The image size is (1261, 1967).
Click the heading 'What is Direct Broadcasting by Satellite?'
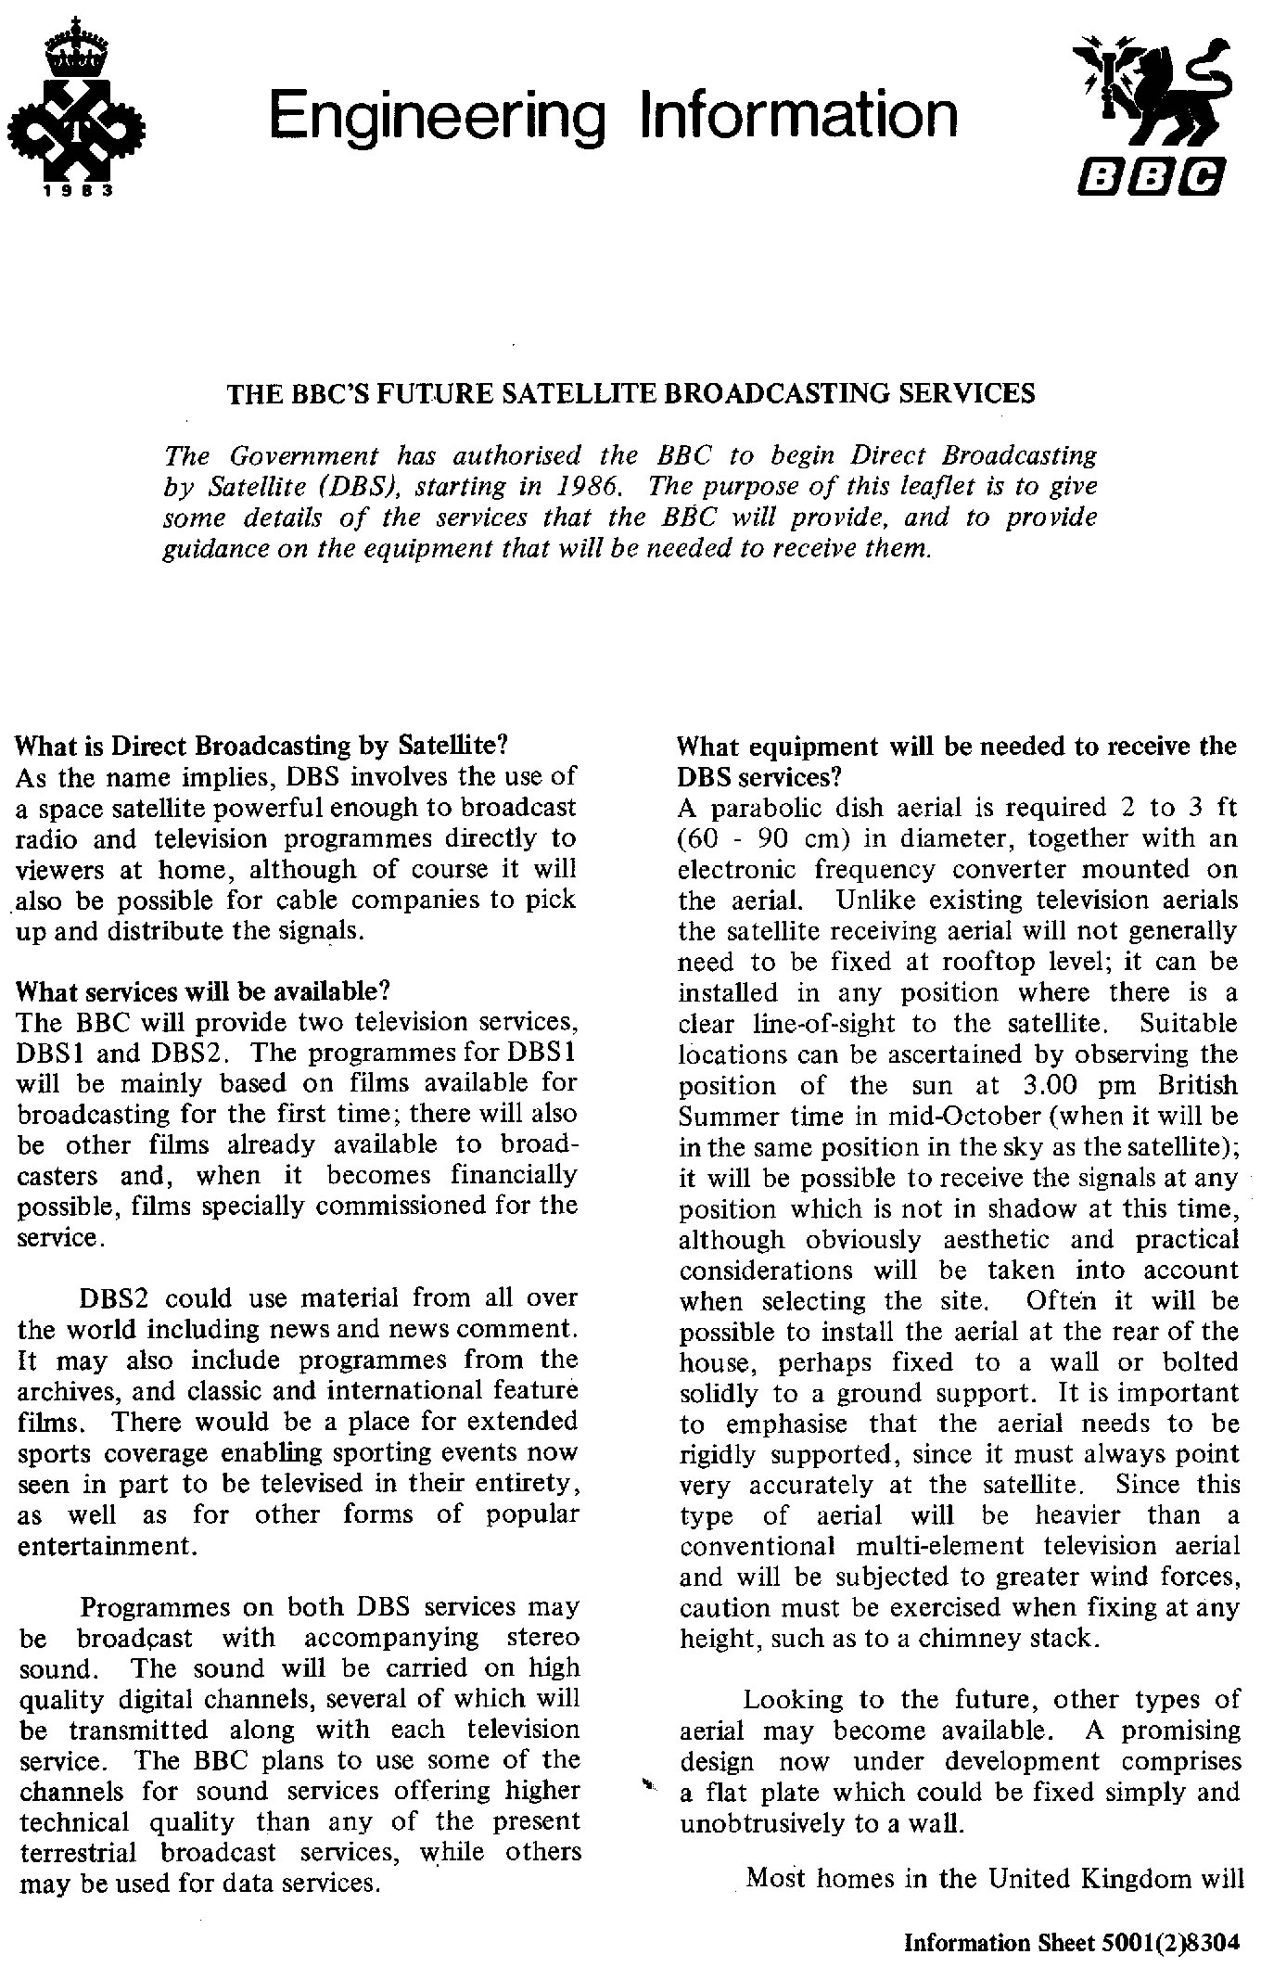pos(263,746)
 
